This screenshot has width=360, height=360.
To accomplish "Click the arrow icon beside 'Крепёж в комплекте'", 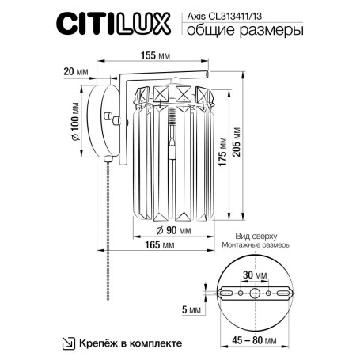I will (x=67, y=343).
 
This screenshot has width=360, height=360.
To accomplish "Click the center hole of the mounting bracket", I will (x=255, y=294).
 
